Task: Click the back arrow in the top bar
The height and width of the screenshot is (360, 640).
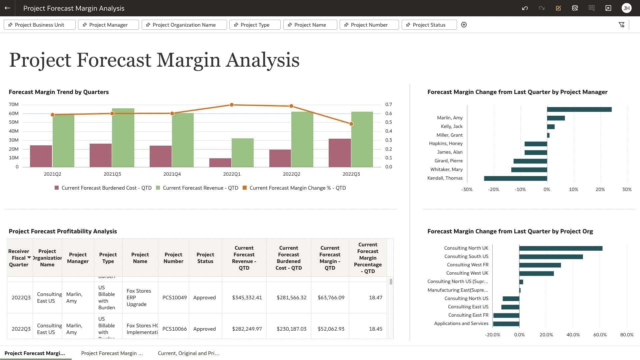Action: click(7, 8)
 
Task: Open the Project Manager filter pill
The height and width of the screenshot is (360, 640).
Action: click(108, 25)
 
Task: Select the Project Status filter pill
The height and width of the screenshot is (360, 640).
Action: click(429, 25)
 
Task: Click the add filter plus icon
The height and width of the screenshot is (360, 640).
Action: click(464, 25)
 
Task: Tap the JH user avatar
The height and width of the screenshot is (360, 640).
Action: click(626, 8)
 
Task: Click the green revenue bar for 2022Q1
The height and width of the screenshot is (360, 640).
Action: click(243, 153)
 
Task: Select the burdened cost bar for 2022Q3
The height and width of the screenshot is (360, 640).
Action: click(340, 153)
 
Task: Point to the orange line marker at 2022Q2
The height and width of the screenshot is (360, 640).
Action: click(291, 106)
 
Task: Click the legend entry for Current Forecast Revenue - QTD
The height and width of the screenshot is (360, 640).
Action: click(200, 188)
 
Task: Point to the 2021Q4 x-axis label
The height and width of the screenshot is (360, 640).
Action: click(172, 174)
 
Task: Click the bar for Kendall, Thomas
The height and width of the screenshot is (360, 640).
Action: click(515, 178)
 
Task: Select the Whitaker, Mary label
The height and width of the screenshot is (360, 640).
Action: click(446, 169)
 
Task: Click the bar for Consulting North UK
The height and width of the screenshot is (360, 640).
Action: click(561, 248)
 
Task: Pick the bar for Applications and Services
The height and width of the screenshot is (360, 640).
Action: click(506, 324)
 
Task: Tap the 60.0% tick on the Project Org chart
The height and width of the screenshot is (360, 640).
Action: click(600, 335)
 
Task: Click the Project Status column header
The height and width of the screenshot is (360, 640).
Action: click(205, 258)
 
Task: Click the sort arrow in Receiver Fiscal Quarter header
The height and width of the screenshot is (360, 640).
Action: click(29, 258)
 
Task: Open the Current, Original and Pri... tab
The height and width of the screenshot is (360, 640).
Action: click(188, 353)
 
